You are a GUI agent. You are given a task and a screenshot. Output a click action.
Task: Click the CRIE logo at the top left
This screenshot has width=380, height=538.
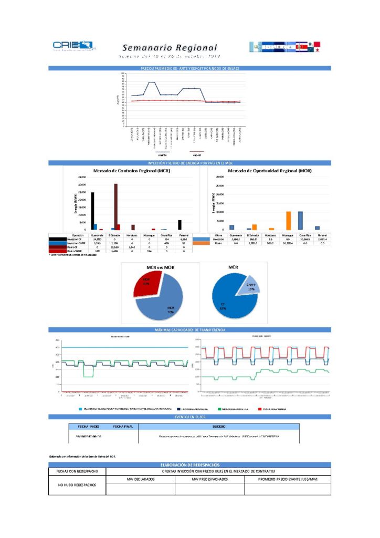[x=74, y=46]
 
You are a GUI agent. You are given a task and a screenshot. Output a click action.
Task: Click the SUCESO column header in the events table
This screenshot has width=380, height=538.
[x=218, y=427]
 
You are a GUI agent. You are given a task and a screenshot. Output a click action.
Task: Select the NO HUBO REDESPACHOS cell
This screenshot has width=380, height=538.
[x=77, y=484]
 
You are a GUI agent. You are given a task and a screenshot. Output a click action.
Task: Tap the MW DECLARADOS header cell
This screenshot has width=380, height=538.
[x=141, y=479]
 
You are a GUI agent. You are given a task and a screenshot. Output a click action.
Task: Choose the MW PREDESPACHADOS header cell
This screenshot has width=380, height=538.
[x=210, y=479]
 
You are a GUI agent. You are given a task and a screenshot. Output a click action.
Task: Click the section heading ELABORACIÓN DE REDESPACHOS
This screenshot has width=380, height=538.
[x=189, y=465]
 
